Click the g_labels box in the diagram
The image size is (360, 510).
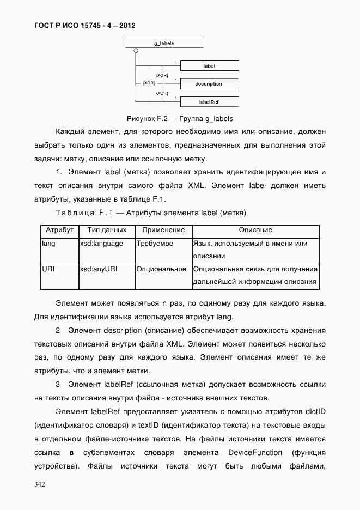click(164, 42)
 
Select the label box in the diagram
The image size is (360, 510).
click(209, 66)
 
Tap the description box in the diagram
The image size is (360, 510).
click(209, 84)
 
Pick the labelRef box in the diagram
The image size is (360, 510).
click(209, 101)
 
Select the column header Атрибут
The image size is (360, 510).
click(59, 230)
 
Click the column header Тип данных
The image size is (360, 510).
click(107, 230)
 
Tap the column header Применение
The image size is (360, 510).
click(162, 230)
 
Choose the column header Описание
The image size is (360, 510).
click(255, 230)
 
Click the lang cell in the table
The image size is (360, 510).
click(49, 244)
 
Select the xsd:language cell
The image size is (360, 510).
click(101, 244)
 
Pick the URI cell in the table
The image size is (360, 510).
click(48, 269)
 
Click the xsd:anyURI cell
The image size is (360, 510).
click(99, 269)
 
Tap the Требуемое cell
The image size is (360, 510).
click(155, 244)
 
